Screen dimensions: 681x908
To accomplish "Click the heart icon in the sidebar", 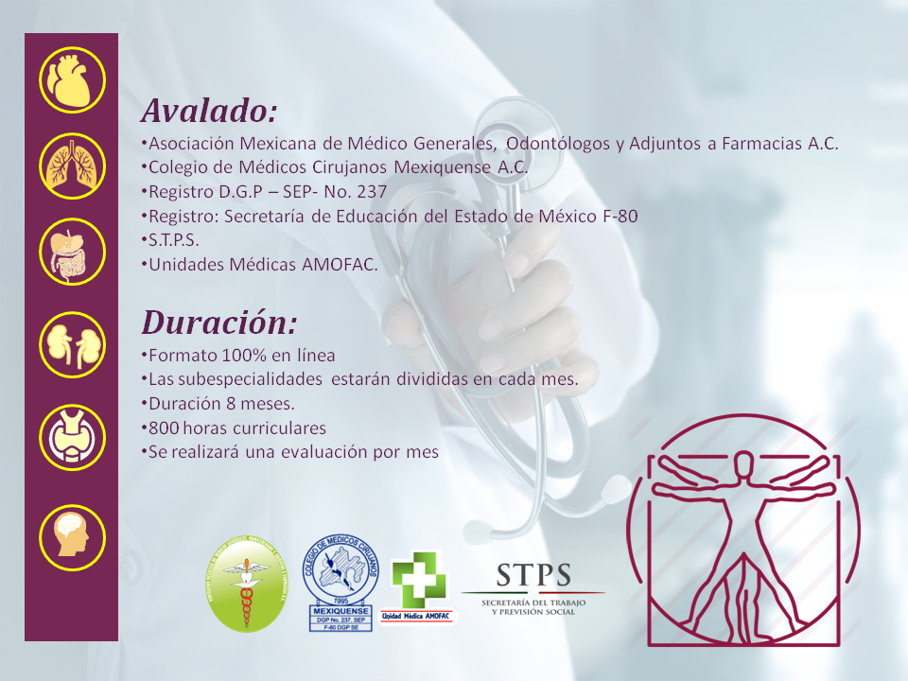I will [x=71, y=79].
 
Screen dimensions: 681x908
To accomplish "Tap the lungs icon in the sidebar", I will [x=71, y=166].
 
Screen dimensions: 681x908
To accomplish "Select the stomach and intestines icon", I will [x=71, y=254].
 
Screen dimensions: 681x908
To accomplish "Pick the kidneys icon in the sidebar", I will [x=71, y=344].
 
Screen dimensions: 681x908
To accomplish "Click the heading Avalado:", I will [x=209, y=112].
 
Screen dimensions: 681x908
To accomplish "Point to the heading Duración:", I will [x=218, y=323].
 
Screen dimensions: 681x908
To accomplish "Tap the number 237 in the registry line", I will [x=371, y=192].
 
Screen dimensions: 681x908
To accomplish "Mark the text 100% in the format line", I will [x=228, y=356].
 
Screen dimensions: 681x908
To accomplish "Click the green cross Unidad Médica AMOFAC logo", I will [x=418, y=586].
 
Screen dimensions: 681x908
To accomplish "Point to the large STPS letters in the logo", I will [x=533, y=574].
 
